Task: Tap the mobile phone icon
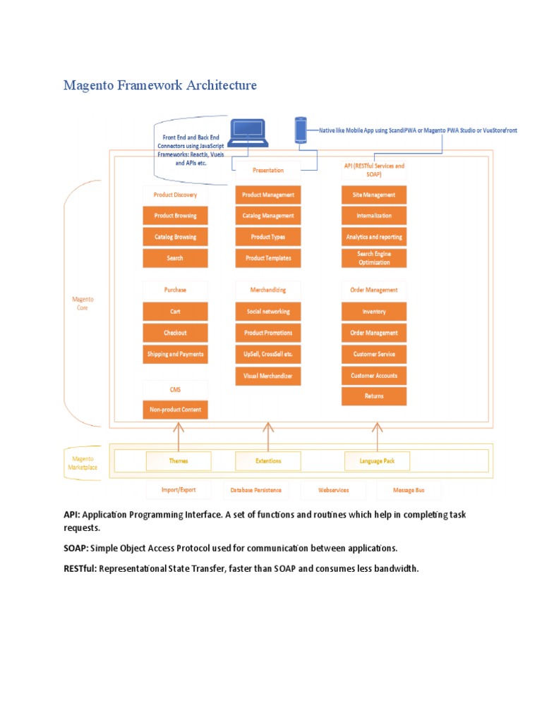click(x=301, y=130)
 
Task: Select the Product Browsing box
click(x=176, y=216)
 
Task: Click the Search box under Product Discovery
click(x=176, y=258)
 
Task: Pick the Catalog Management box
click(x=267, y=216)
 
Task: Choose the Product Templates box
click(x=267, y=258)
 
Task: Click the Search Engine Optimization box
click(x=374, y=258)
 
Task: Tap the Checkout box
click(x=176, y=333)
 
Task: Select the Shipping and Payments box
click(x=176, y=354)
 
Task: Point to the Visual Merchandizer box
click(x=267, y=377)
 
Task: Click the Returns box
click(x=374, y=396)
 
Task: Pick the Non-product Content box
click(x=176, y=409)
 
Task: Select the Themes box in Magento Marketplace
click(x=179, y=461)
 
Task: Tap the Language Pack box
click(x=377, y=461)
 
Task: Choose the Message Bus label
click(x=409, y=489)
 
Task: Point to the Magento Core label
click(x=83, y=303)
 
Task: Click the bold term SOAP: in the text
click(x=76, y=548)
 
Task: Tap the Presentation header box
click(x=267, y=170)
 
